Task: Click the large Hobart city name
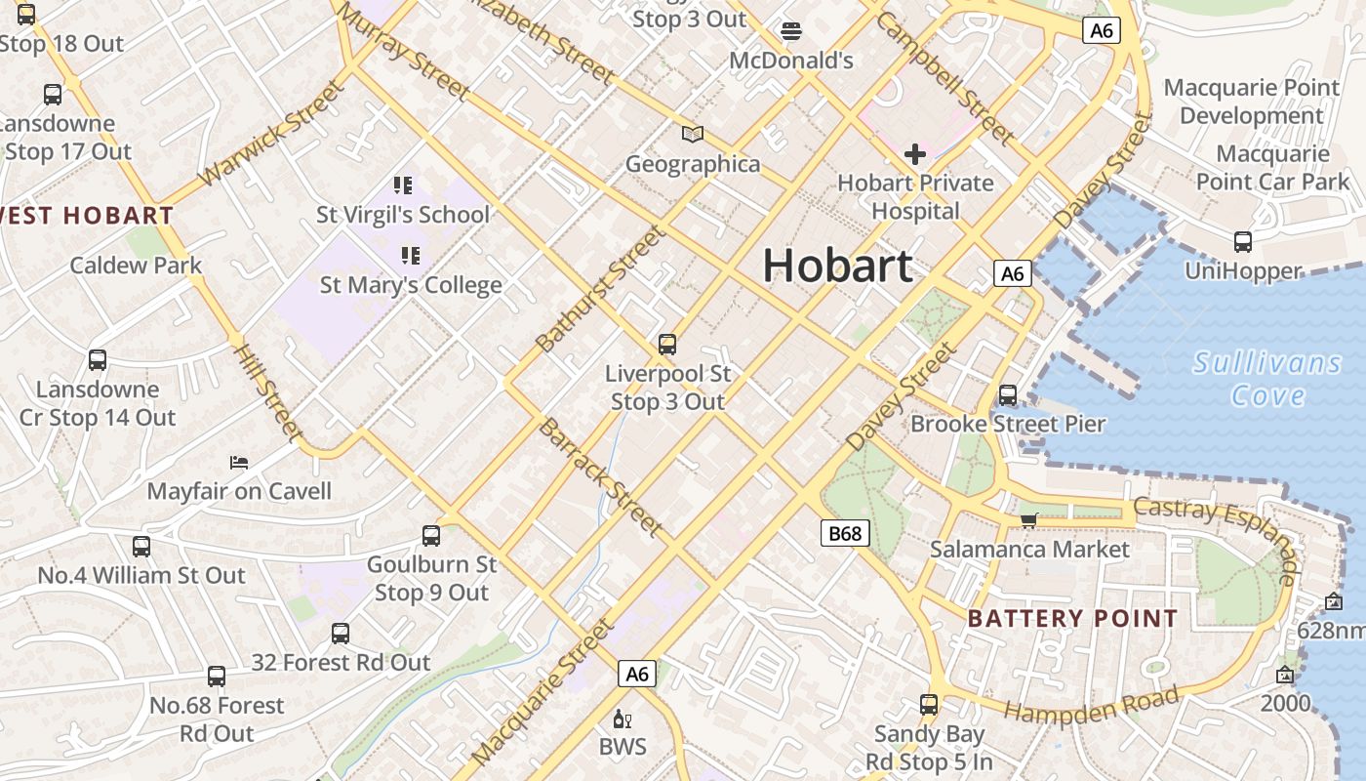837,266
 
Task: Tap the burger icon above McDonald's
791,31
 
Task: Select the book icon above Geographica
693,134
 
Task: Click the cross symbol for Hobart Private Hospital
915,153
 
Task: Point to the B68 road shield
844,533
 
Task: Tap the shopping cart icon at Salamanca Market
1028,520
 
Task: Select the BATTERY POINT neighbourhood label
1073,618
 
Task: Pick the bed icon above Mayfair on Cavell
239,462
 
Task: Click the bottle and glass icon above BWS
622,720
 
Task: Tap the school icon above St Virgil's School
403,185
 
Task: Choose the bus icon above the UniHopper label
1243,242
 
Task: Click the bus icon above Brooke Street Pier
1008,395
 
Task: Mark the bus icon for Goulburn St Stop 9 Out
431,535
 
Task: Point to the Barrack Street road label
601,476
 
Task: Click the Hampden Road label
1091,706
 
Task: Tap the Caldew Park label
136,266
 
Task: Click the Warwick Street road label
271,134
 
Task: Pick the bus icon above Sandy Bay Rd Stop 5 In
929,704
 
